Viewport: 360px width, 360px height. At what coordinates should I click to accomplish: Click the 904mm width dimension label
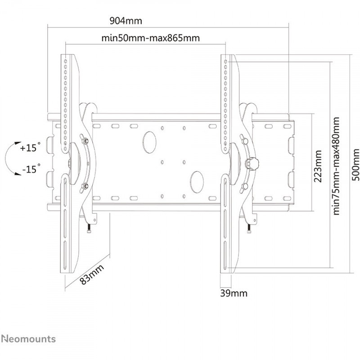click(x=126, y=21)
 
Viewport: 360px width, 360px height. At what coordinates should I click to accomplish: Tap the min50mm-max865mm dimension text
click(x=151, y=38)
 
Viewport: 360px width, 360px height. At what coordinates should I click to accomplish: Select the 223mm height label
click(x=318, y=163)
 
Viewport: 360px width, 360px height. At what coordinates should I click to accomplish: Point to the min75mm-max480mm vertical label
click(x=336, y=166)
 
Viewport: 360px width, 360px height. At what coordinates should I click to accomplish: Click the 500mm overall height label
click(x=355, y=165)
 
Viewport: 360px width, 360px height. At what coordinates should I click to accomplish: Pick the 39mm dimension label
click(x=234, y=293)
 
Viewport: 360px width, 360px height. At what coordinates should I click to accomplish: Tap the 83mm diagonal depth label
click(x=92, y=274)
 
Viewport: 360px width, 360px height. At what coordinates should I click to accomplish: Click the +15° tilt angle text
click(x=30, y=147)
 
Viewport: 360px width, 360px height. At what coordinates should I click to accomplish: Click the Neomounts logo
click(x=28, y=339)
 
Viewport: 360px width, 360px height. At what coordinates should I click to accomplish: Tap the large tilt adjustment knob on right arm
click(x=252, y=163)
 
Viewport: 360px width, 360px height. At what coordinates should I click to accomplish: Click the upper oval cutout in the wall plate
click(x=149, y=142)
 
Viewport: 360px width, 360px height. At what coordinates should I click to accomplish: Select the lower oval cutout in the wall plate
click(x=197, y=182)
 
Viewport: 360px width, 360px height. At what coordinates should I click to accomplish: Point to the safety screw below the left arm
click(x=89, y=228)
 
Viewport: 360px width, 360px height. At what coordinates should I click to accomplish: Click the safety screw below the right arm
click(x=249, y=228)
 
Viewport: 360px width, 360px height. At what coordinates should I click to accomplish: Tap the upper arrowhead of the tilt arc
click(x=18, y=143)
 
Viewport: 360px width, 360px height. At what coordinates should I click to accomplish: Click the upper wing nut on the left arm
click(x=84, y=140)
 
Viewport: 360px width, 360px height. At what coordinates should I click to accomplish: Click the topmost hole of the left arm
click(x=65, y=61)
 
